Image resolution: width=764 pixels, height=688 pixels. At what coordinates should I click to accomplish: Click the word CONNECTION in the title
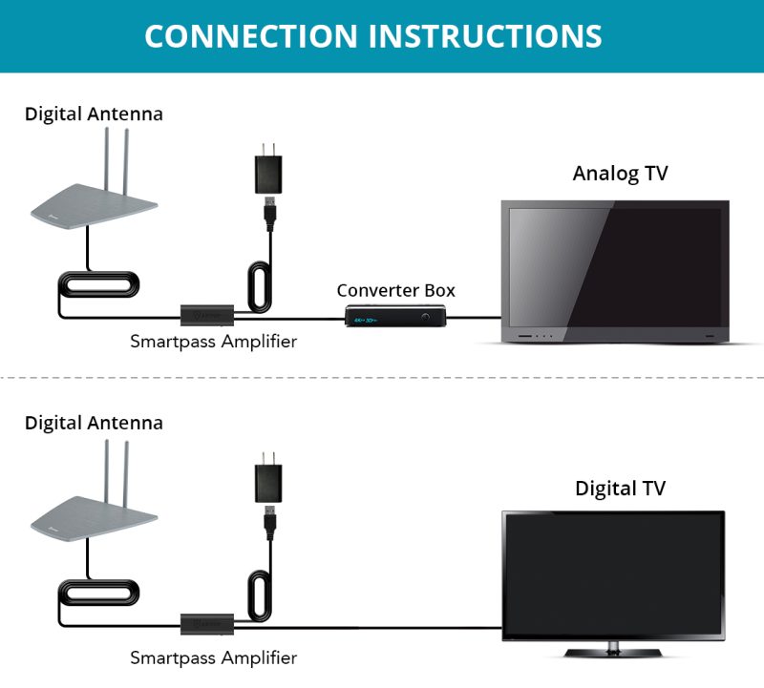click(250, 35)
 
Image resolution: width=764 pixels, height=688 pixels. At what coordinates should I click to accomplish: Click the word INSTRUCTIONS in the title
click(486, 35)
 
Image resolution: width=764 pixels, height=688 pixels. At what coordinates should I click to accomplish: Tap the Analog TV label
click(620, 173)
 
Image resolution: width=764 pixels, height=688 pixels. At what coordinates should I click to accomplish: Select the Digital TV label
click(620, 488)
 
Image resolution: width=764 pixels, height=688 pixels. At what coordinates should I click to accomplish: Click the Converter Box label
click(395, 289)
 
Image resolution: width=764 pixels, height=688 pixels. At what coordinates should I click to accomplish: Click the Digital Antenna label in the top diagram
click(94, 114)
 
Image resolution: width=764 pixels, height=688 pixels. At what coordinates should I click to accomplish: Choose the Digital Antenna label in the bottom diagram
click(94, 422)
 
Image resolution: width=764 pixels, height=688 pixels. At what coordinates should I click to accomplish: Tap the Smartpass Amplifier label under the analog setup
click(213, 341)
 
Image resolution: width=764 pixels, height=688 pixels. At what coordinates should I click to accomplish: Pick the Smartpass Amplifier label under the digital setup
click(213, 657)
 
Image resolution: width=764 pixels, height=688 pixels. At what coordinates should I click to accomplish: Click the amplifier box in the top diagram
click(209, 312)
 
